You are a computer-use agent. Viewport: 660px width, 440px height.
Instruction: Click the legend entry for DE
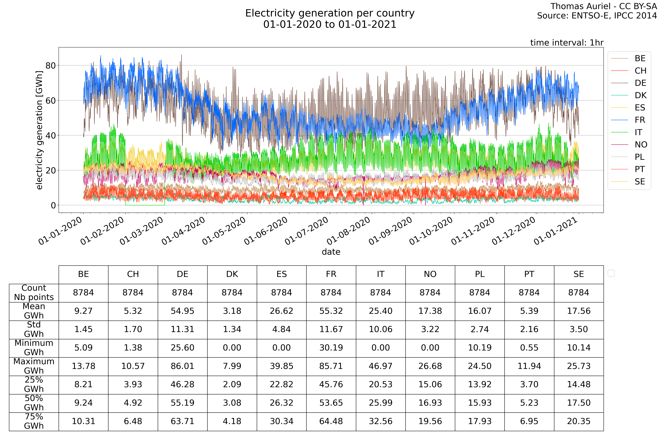pyautogui.click(x=640, y=83)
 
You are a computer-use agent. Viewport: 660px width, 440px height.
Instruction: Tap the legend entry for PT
pyautogui.click(x=640, y=169)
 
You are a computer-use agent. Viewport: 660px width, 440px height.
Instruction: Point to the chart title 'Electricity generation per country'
pyautogui.click(x=330, y=13)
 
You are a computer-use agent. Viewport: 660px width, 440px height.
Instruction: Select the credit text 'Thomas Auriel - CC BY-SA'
pyautogui.click(x=603, y=6)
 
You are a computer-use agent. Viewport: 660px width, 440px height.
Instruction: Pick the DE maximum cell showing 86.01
pyautogui.click(x=182, y=366)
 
